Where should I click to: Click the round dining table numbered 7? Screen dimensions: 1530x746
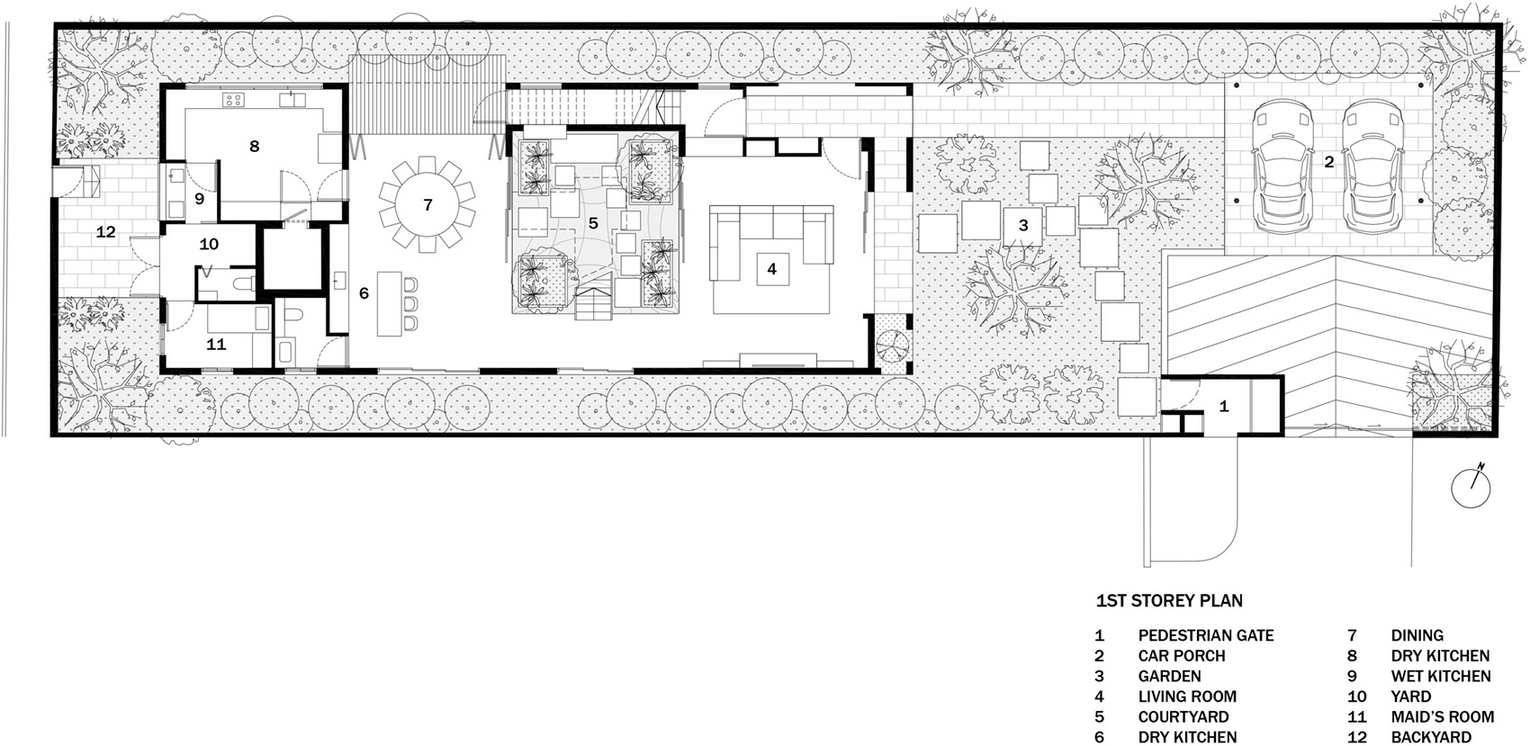coord(427,205)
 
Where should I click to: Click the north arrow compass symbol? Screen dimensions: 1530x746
coord(1471,487)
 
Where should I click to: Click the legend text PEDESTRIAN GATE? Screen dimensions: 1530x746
coord(1206,635)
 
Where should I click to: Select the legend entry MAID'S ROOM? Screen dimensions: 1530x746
coord(1443,716)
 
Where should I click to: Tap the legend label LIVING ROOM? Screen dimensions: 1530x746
coord(1187,697)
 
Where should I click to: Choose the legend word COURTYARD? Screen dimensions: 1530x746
coord(1183,716)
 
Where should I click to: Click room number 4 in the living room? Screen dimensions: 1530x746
coord(772,269)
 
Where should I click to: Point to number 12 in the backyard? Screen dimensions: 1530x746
coord(106,232)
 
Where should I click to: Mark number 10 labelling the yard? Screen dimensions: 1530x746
coord(209,244)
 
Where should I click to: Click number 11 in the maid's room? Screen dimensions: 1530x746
coord(217,345)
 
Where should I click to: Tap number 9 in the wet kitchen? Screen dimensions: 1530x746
coord(200,199)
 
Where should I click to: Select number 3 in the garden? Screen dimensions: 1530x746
coord(1023,226)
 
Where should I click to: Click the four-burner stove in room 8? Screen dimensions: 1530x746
coord(233,101)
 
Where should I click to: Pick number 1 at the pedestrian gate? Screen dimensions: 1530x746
coord(1224,407)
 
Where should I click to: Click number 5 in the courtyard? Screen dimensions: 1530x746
coord(593,222)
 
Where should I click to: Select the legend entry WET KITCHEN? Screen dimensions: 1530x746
coord(1441,677)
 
